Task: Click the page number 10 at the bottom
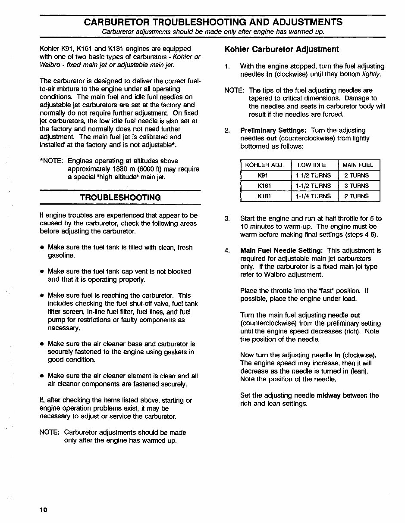43,510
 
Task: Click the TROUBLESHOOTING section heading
120,197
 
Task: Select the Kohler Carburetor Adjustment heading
282,49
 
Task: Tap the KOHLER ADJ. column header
264,165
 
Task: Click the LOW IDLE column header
311,165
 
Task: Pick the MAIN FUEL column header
358,165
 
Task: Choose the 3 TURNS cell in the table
356,186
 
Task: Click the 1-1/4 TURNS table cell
313,196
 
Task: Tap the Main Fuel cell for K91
356,175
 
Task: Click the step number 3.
227,218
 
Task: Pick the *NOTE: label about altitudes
51,161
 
